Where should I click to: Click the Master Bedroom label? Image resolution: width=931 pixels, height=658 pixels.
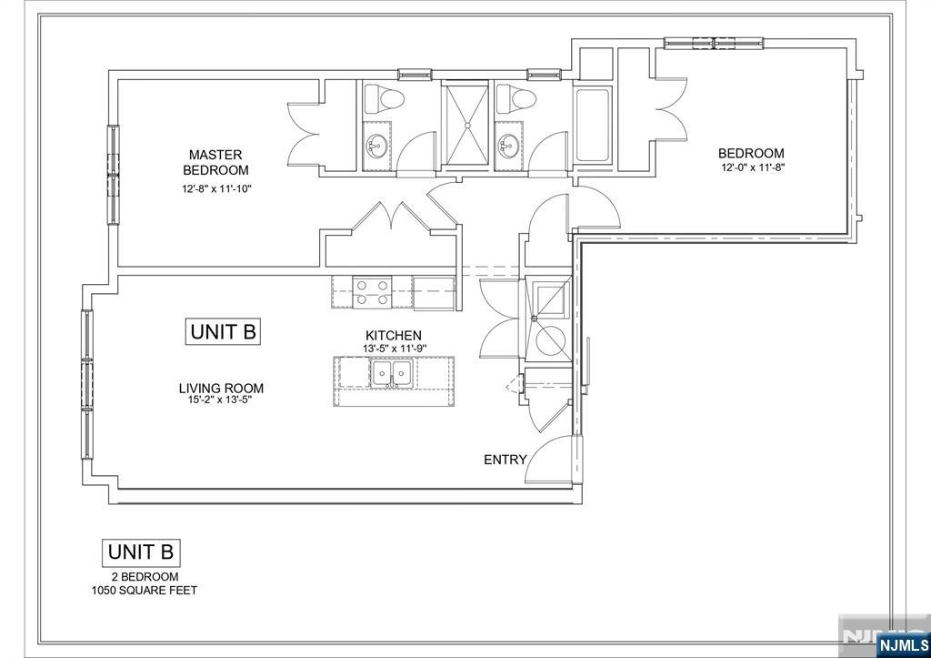(x=215, y=162)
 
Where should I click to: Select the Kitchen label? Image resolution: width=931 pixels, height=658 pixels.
(x=394, y=335)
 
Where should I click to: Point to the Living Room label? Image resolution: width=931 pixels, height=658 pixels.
(x=222, y=388)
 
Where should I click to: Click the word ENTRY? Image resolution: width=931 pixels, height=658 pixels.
(x=506, y=460)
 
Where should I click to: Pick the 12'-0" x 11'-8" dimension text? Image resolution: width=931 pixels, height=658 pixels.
(x=753, y=167)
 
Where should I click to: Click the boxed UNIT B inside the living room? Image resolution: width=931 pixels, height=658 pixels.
(x=224, y=331)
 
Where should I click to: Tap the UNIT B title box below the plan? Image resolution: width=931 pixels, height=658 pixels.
(x=141, y=552)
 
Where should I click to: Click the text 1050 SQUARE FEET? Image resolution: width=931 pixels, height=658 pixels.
(x=145, y=591)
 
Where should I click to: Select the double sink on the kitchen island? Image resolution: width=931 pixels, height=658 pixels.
(x=391, y=373)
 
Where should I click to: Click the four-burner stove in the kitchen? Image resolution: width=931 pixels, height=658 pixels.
(x=372, y=292)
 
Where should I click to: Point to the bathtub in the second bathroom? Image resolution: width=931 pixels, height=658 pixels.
(x=592, y=125)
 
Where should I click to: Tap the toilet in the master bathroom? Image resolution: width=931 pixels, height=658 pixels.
(x=383, y=98)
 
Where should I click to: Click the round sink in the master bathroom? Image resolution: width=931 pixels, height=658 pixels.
(x=375, y=143)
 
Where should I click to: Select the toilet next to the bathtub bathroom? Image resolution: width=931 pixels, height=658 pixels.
(x=516, y=98)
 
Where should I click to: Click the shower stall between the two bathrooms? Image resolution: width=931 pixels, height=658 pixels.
(x=467, y=125)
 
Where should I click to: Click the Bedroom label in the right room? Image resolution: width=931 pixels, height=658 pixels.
(x=751, y=153)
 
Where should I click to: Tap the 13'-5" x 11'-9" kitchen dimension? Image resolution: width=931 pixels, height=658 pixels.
(x=395, y=349)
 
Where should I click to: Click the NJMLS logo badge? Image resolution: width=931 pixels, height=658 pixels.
(x=903, y=645)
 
